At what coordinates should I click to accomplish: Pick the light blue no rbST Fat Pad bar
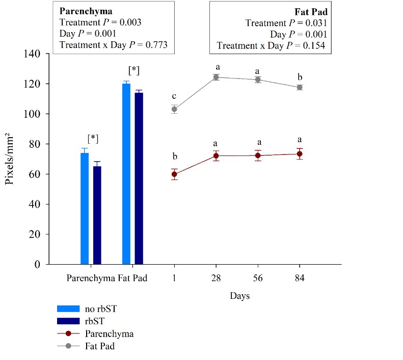126,174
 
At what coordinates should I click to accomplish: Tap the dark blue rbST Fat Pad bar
139,178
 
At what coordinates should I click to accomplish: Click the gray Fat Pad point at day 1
174,109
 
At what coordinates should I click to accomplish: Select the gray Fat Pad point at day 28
216,78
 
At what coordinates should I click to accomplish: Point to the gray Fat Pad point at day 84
300,87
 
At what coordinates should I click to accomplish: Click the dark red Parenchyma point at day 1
174,174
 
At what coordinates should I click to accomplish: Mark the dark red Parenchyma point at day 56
258,155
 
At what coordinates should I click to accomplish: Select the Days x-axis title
239,296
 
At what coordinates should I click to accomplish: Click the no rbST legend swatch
68,308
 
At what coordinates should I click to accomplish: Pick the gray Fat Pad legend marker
68,346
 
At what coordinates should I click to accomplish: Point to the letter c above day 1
174,96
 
